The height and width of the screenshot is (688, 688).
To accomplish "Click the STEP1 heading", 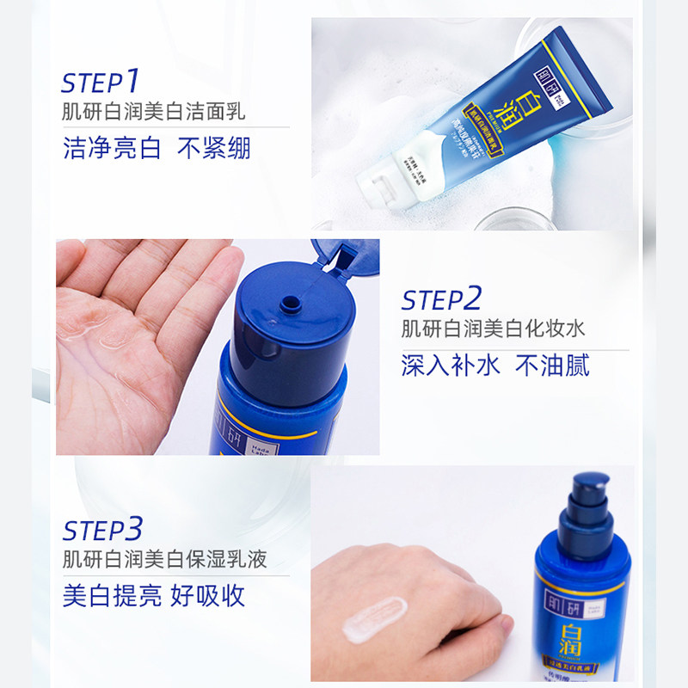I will [x=101, y=82].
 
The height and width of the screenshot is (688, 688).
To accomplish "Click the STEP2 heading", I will [x=441, y=299].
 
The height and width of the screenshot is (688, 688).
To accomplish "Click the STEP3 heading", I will [x=102, y=526].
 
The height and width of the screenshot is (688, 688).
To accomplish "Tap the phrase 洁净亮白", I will [x=112, y=148].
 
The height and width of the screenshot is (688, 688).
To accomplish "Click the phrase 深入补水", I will [x=450, y=365].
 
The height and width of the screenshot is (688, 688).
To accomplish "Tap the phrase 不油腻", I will [x=552, y=365].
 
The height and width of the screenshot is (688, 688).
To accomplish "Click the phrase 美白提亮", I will [x=112, y=595].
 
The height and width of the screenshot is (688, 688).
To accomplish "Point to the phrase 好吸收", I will [x=212, y=595].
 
